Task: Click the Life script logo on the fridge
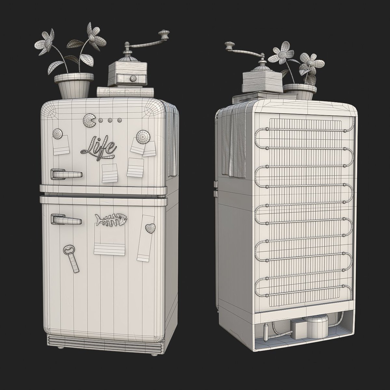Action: point(99,147)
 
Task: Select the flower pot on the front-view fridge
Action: point(74,85)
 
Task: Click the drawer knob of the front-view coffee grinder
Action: point(133,78)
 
